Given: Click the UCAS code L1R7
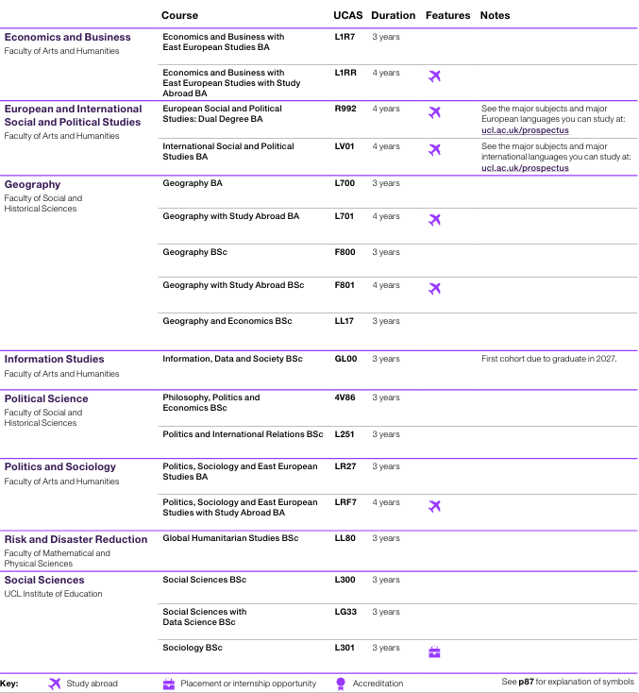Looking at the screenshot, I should point(345,37).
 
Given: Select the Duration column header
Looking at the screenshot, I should point(393,16).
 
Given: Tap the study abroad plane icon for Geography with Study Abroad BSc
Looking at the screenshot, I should point(434,289).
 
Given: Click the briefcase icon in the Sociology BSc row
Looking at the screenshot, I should point(434,651).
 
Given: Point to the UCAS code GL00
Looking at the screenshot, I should point(345,359).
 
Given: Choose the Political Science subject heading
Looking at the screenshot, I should point(45,398).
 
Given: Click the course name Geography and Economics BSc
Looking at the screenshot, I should point(227,321).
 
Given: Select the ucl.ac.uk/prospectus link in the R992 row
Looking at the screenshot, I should point(525,130).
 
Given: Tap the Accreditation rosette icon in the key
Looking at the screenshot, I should point(341,684).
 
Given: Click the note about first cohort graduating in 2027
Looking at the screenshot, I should point(548,359).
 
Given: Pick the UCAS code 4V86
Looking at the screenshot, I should point(345,397).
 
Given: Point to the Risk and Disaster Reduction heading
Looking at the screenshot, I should point(76,539).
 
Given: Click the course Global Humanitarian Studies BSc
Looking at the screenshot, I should point(230,538).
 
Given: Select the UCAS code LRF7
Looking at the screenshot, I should point(345,502).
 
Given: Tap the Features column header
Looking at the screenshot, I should point(447,16).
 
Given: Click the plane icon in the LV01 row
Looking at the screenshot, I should point(434,150).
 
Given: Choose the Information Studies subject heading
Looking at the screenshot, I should point(54,359).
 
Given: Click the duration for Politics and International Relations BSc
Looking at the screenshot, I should point(385,434).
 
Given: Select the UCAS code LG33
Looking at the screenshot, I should point(345,612).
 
